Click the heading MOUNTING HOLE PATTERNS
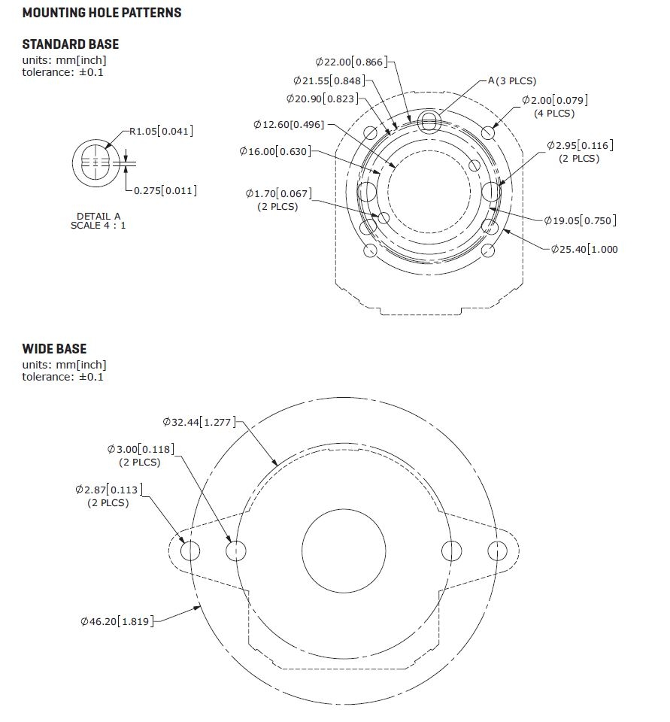[102, 13]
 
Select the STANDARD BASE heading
[71, 44]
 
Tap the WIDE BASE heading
[54, 349]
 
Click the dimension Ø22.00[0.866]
[352, 62]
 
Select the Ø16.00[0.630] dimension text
[275, 152]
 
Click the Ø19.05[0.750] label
[580, 220]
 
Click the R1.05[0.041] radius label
[161, 132]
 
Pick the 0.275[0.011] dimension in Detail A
[165, 191]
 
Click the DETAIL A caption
[98, 216]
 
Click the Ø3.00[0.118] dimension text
[141, 450]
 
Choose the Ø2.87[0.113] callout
[109, 490]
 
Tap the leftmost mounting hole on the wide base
[191, 551]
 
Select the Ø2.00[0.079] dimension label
[555, 100]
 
